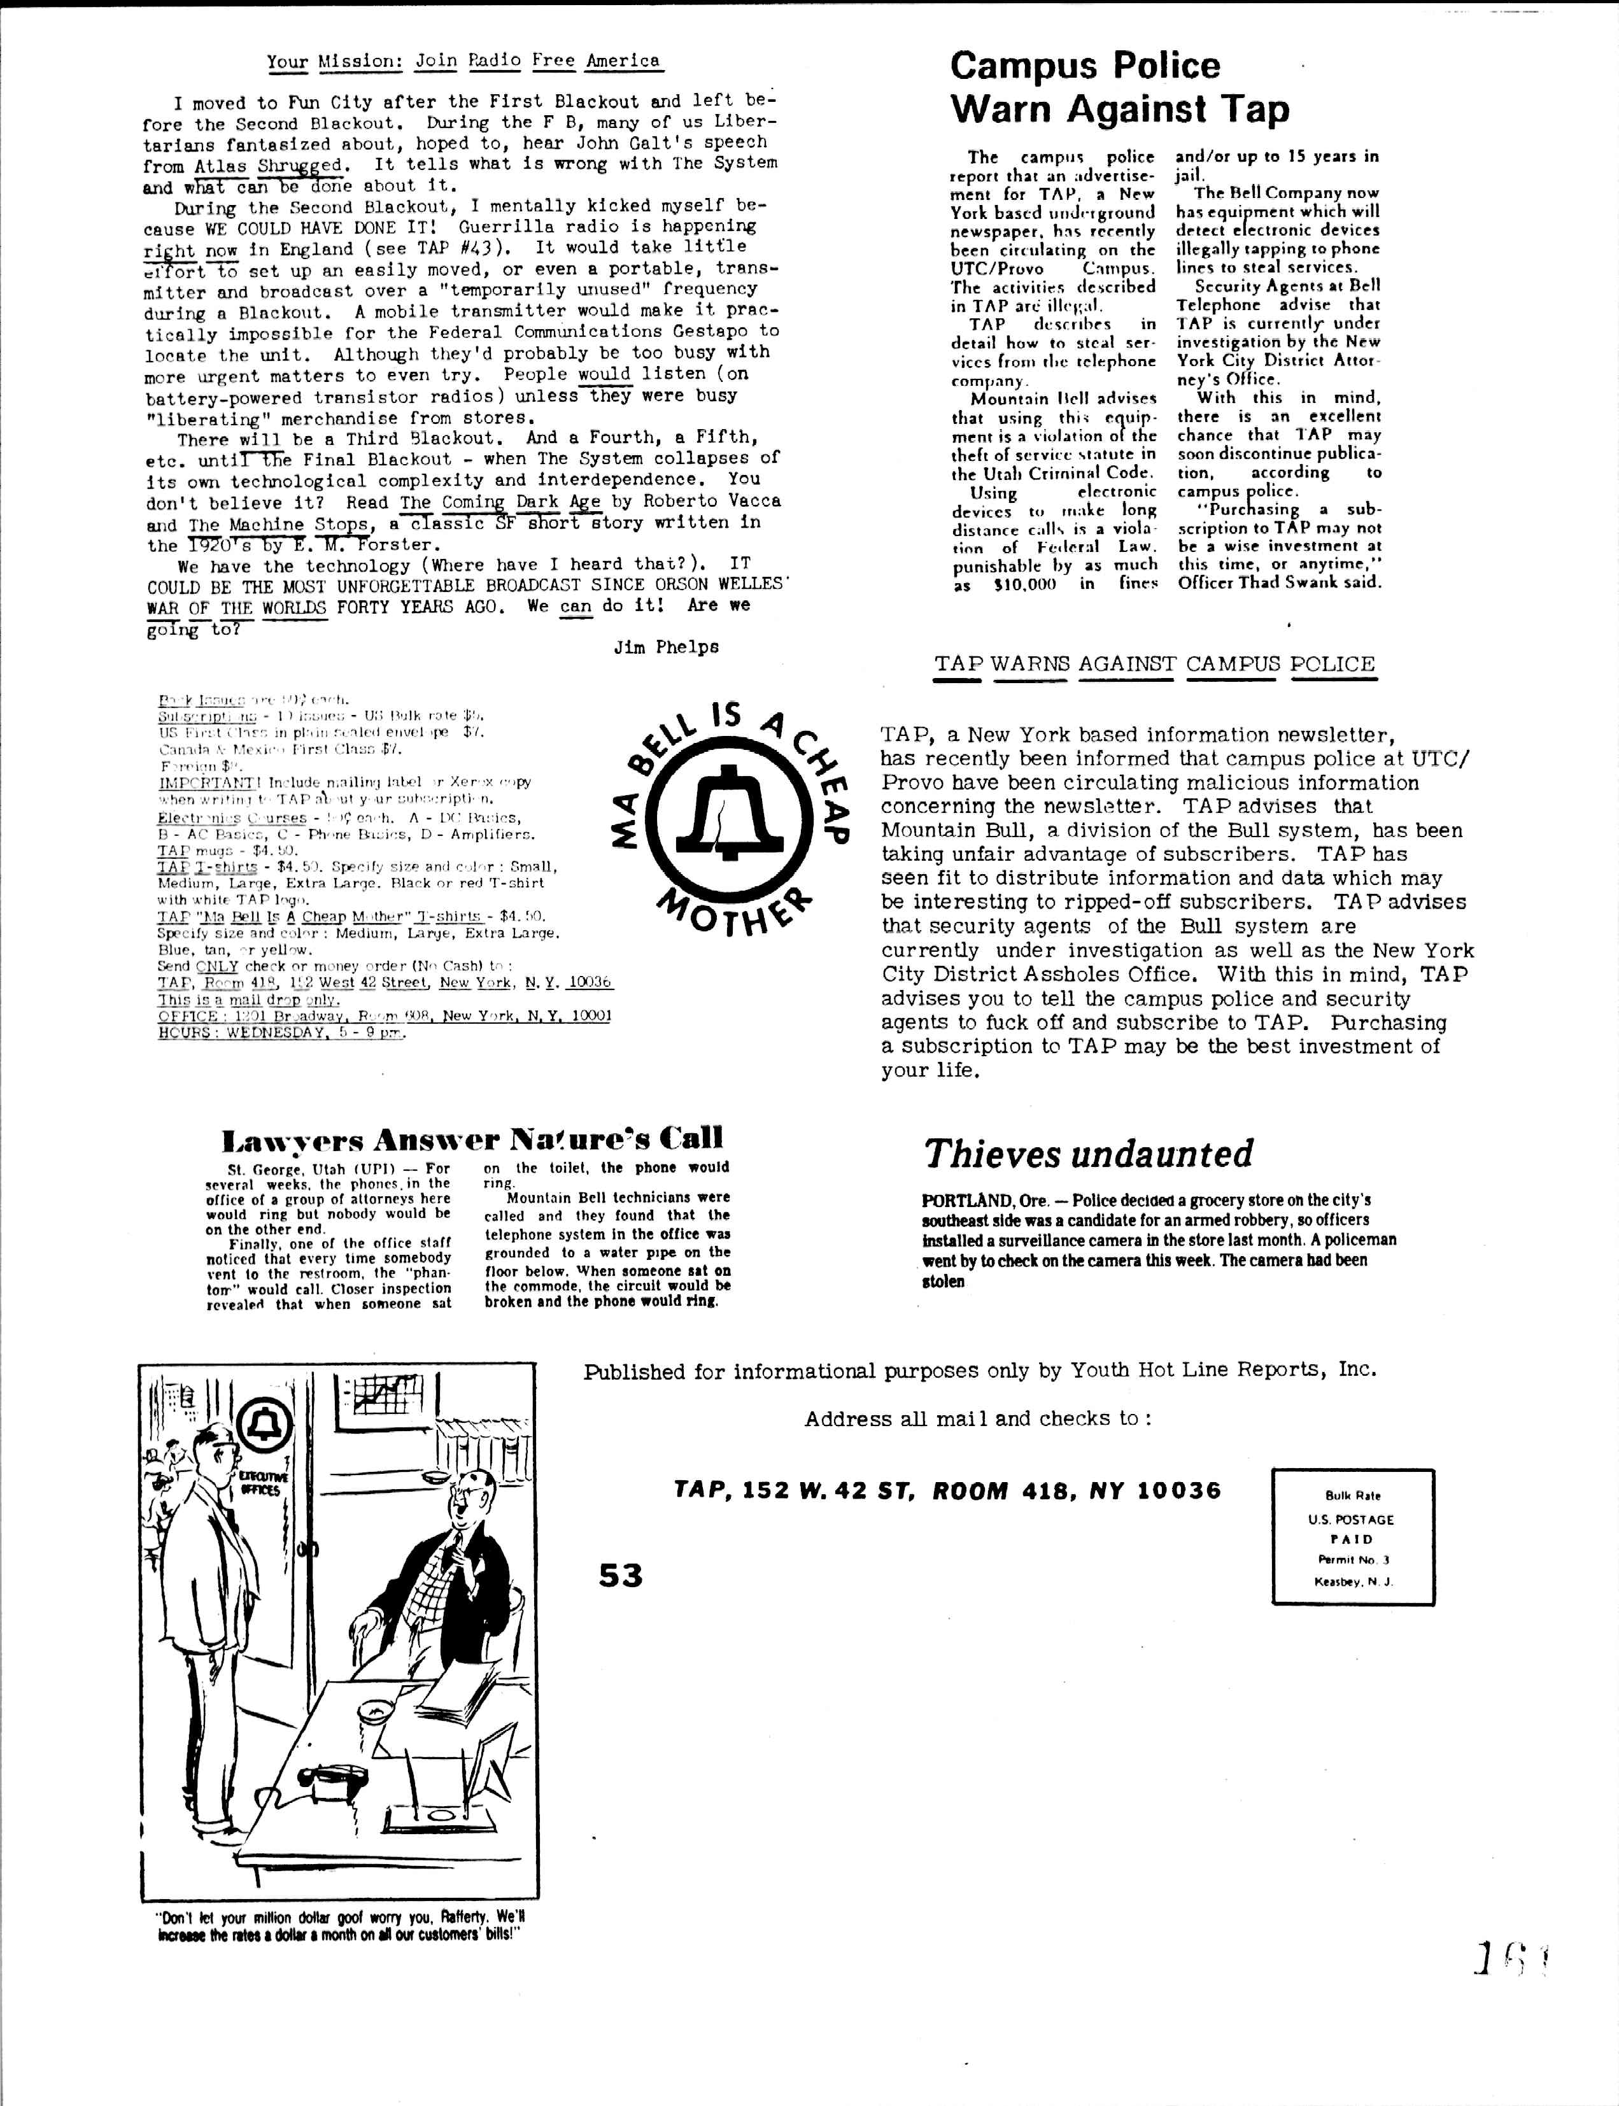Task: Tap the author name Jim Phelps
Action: coord(666,647)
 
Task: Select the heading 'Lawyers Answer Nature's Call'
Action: coord(472,1139)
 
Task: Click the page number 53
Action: coord(621,1575)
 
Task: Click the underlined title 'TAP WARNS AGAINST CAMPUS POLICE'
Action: coord(1154,664)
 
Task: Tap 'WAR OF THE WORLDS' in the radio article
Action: coord(236,608)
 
